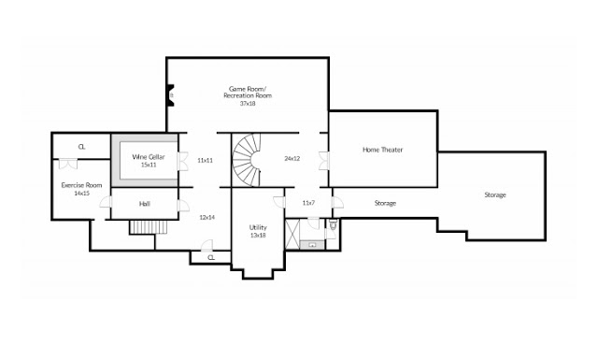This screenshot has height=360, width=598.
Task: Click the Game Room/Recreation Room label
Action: pos(248,92)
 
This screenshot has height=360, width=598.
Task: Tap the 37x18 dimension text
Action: pos(248,104)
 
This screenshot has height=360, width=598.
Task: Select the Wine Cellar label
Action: pos(149,157)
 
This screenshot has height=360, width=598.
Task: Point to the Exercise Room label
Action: pos(81,185)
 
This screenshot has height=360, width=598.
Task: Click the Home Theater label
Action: pos(382,150)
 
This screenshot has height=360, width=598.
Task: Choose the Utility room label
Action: pos(258,227)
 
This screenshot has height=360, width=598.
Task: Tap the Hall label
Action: pos(145,204)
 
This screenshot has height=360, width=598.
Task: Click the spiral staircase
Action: pos(247,160)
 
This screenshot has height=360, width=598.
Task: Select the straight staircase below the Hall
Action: pos(149,227)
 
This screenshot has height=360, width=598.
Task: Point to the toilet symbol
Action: pos(333,223)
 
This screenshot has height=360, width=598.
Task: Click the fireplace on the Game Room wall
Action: pos(170,95)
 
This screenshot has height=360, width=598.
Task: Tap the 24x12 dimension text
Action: pos(292,158)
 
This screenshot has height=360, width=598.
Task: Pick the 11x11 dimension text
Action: pos(206,160)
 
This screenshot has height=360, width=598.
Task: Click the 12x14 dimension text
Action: pos(207,217)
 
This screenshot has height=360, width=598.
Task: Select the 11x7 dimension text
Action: pos(308,203)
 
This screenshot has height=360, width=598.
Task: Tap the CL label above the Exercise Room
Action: pos(81,147)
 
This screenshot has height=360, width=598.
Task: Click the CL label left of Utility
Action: pos(211,258)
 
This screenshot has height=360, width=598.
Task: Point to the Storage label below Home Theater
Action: pos(385,203)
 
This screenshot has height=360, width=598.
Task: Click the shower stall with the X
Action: pos(292,234)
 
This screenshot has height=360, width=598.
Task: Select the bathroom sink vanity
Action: pos(312,245)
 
